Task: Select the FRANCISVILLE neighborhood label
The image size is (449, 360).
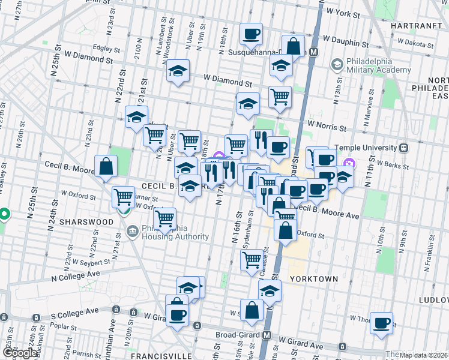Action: (x=157, y=355)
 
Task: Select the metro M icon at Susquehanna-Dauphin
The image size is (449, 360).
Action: (x=313, y=52)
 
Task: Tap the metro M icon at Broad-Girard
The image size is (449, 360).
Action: (x=267, y=335)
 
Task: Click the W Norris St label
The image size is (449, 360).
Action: (x=327, y=128)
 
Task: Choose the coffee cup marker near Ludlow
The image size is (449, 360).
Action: (x=381, y=323)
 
